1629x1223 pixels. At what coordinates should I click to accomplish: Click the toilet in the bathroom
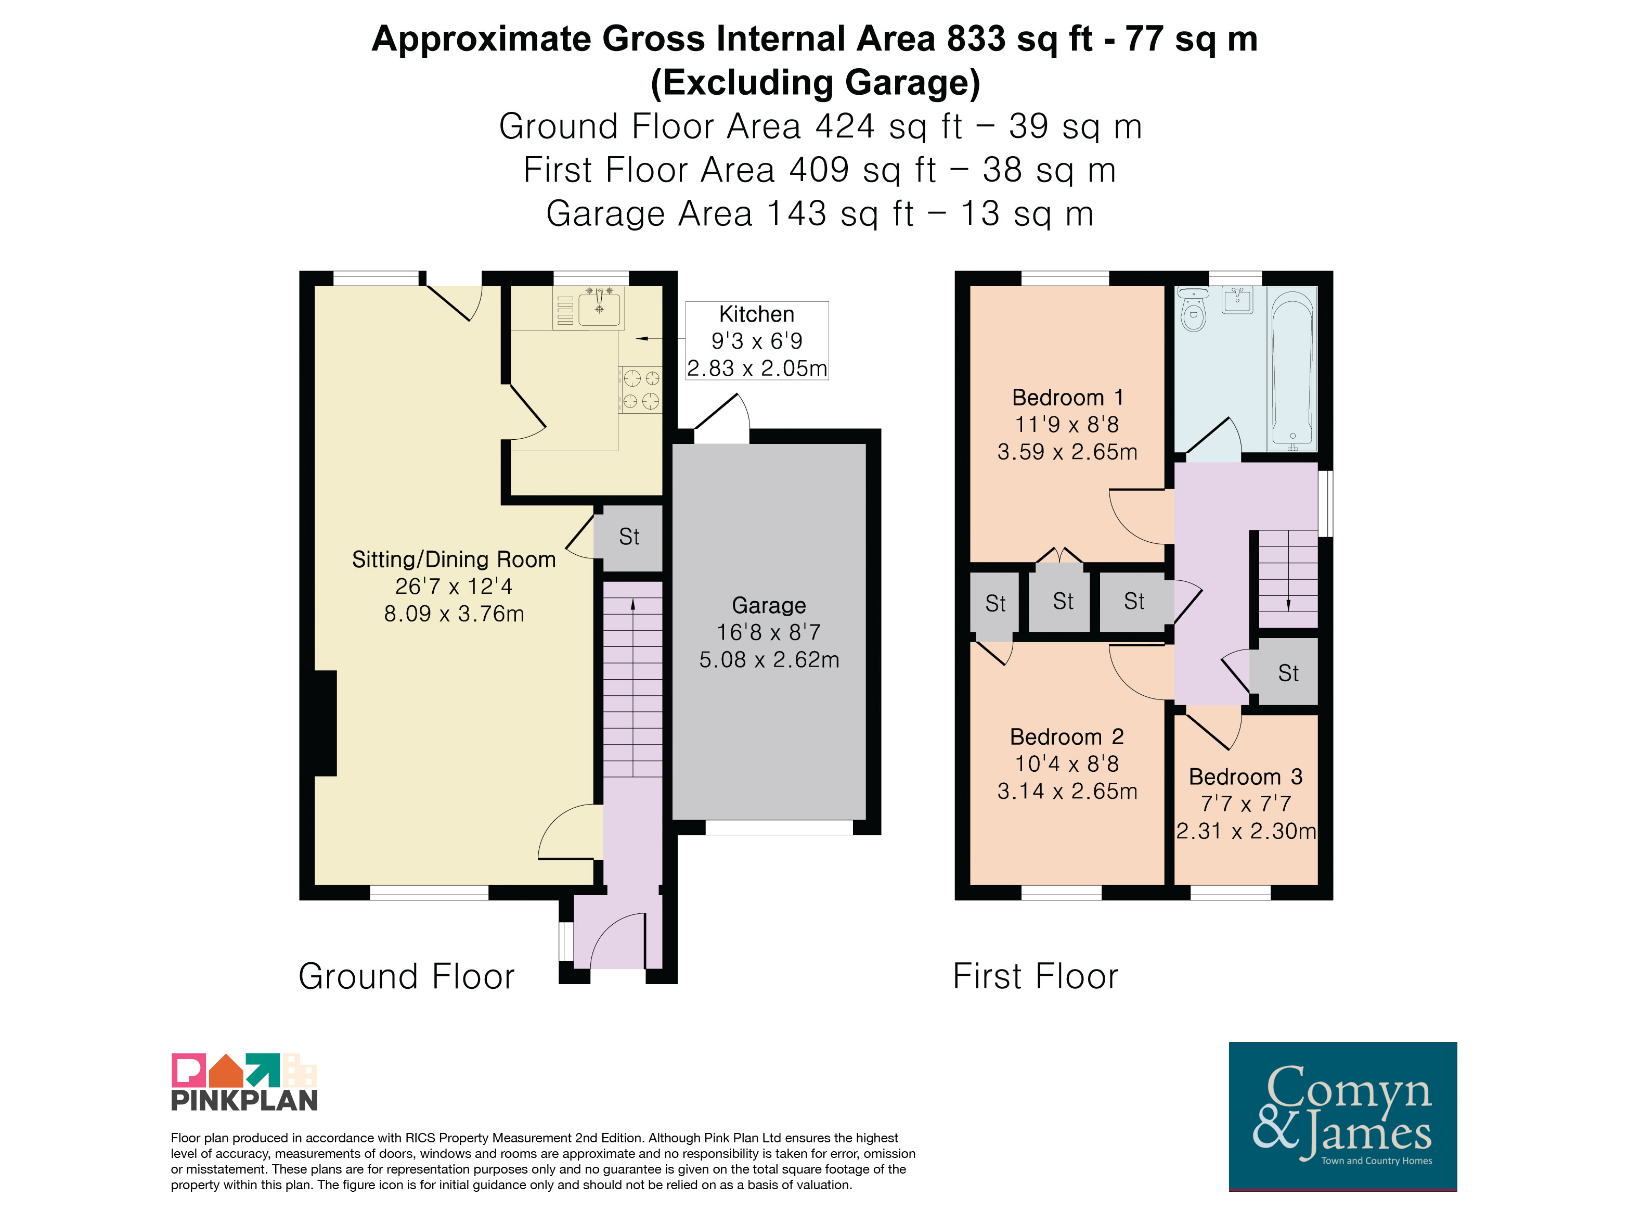tap(1193, 310)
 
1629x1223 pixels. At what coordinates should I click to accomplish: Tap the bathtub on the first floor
tap(1292, 369)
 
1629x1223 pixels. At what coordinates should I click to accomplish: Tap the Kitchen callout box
tap(757, 340)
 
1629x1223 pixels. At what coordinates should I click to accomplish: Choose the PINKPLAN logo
tap(244, 1081)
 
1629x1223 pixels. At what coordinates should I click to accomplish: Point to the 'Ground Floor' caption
tap(407, 977)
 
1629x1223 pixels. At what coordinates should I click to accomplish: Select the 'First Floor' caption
tap(1036, 977)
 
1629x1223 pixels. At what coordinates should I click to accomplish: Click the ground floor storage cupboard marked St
tap(629, 537)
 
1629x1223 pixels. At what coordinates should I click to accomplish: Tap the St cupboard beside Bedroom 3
tap(1288, 672)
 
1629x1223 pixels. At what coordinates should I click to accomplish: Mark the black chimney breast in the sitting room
tap(326, 723)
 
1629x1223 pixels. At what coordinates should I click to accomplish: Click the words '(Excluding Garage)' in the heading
tap(815, 83)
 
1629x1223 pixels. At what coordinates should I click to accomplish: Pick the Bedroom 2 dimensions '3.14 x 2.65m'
tap(1067, 791)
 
